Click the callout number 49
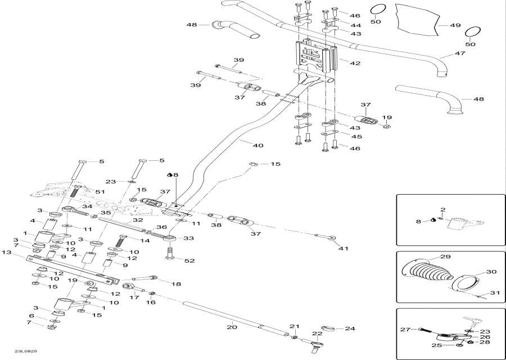455,25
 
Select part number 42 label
355,64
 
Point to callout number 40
257,146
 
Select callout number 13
7,253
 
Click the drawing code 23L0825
27,353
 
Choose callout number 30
491,272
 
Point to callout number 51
101,192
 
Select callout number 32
139,220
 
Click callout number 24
350,328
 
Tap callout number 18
176,285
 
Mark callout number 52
189,260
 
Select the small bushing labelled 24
328,328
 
